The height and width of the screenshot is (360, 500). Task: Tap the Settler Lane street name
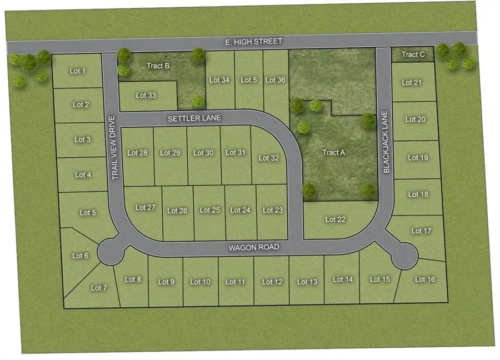(x=195, y=118)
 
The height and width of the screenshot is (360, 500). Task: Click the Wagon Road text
(x=253, y=247)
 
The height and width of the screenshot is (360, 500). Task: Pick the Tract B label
(x=158, y=66)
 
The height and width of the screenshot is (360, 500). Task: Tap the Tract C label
(x=413, y=54)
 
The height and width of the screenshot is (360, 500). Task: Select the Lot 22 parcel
(x=335, y=219)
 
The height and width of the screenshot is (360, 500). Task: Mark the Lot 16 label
(x=424, y=279)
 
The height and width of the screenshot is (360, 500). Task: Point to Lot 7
(x=98, y=288)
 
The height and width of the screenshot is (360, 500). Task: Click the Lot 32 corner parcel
(x=269, y=158)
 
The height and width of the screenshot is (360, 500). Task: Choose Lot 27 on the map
(x=145, y=208)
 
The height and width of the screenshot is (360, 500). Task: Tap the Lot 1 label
(x=78, y=71)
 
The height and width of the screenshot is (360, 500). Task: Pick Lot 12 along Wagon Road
(x=272, y=282)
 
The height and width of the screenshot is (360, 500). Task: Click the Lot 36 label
(x=275, y=80)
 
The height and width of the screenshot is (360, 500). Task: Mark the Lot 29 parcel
(x=170, y=153)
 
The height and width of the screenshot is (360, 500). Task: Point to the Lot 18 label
(x=418, y=194)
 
